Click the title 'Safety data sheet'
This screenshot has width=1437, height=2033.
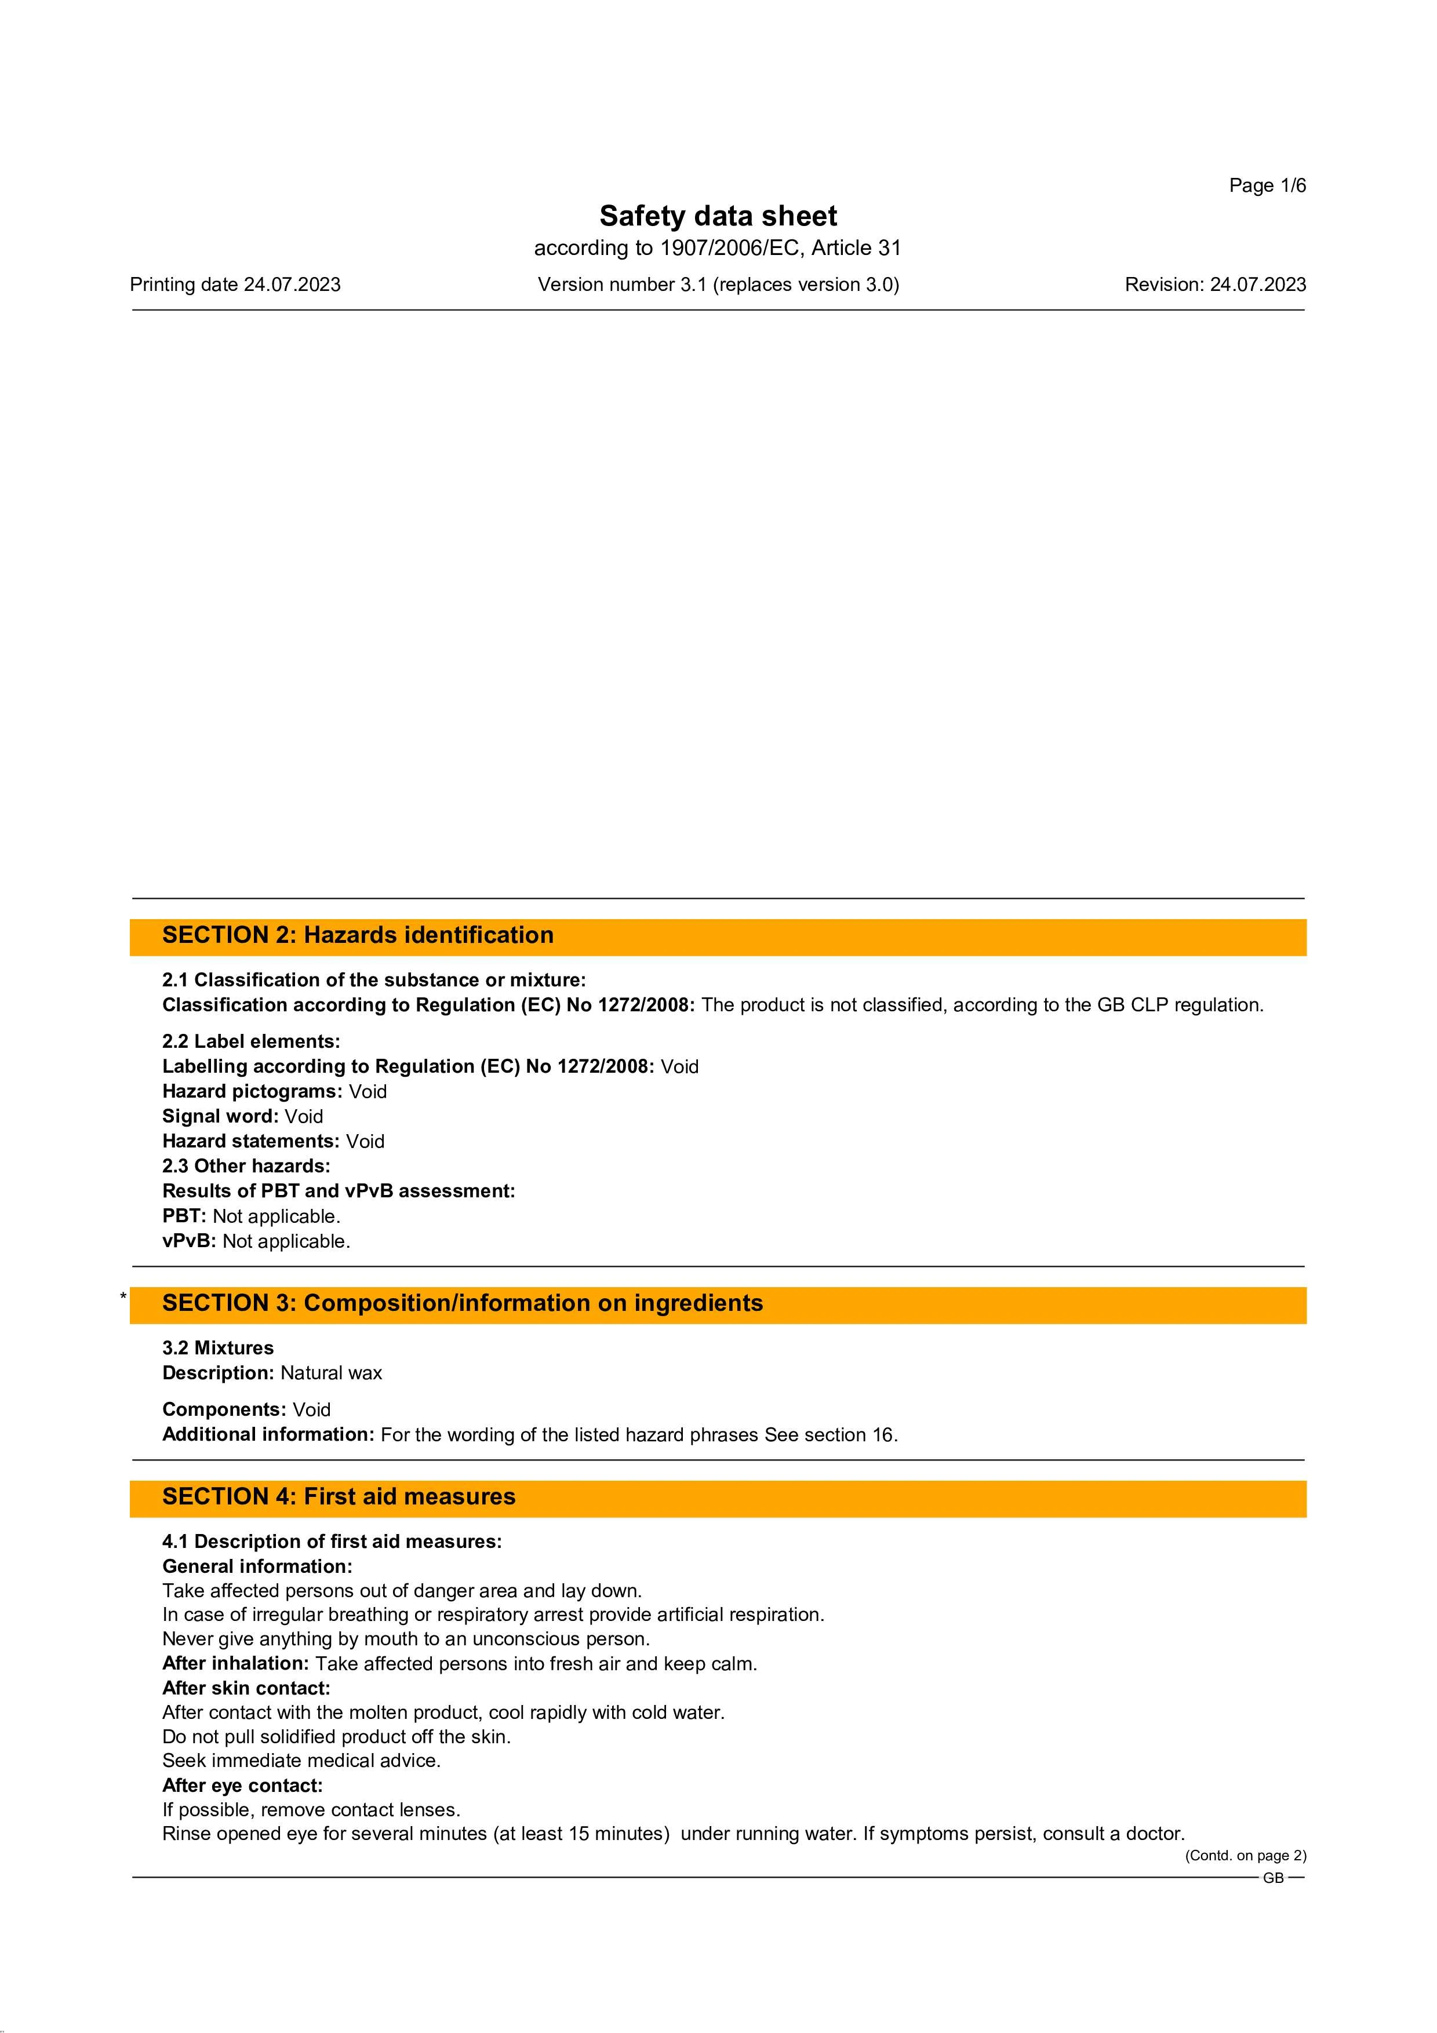coord(718,216)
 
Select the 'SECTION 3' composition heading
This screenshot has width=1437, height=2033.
coord(462,1303)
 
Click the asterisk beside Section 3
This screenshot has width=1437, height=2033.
coord(123,1297)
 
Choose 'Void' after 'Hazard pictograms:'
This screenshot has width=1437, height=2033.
coord(368,1092)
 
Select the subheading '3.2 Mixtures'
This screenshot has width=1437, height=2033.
coord(218,1347)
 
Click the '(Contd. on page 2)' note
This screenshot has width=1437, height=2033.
coord(1245,1856)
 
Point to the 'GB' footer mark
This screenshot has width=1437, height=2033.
coord(1272,1878)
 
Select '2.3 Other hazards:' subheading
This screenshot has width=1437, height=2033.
coord(246,1166)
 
